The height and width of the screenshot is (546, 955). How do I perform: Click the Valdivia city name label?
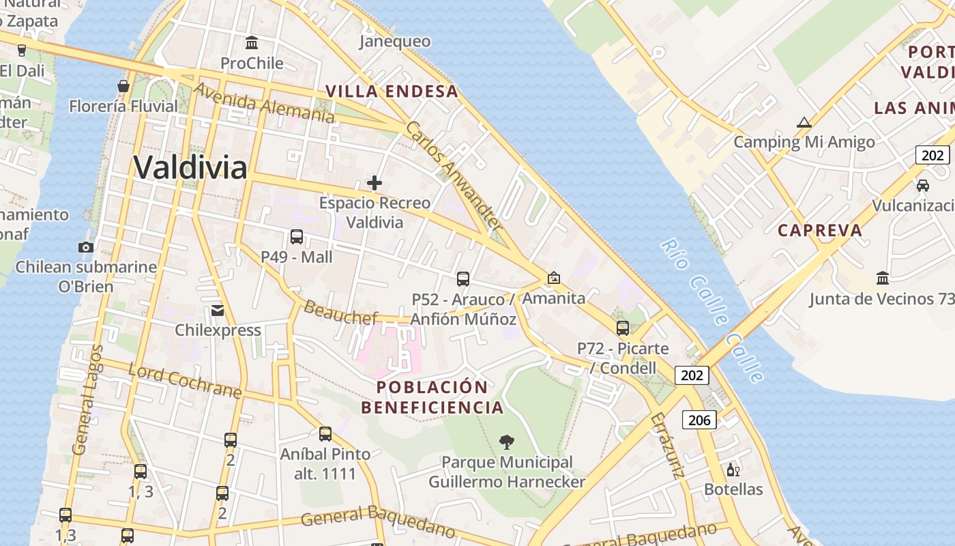(190, 167)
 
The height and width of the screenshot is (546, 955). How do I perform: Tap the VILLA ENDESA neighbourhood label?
(392, 91)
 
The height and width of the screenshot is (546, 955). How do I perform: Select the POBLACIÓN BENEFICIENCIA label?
(432, 397)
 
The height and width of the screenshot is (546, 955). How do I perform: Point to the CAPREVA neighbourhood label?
(820, 230)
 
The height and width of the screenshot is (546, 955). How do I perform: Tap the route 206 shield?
(700, 420)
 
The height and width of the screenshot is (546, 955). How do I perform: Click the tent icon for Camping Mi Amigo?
(804, 123)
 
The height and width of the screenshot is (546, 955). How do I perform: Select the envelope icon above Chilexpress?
(218, 311)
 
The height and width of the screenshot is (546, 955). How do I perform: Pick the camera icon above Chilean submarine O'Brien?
(86, 247)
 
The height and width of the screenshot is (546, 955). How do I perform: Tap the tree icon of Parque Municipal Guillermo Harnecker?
(506, 442)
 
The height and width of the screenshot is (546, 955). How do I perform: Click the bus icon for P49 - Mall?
(297, 237)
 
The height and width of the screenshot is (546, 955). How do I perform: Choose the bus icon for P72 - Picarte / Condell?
(623, 328)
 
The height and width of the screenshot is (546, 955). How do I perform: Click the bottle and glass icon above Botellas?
(733, 470)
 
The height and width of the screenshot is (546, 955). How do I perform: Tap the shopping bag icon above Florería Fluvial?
(123, 86)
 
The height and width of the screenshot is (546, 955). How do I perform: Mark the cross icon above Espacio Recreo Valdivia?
(374, 183)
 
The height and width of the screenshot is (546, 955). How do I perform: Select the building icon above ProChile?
(252, 43)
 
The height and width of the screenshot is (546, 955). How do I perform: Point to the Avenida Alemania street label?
(264, 104)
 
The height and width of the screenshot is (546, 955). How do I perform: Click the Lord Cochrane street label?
(185, 382)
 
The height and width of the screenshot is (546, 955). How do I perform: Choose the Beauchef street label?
(340, 312)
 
